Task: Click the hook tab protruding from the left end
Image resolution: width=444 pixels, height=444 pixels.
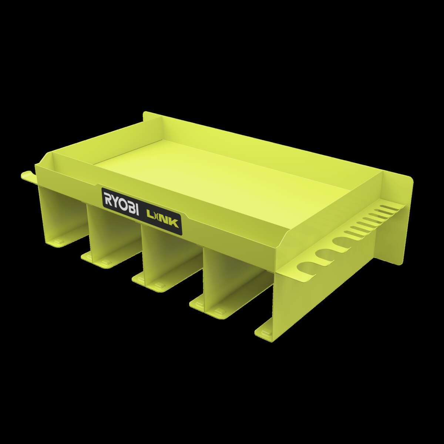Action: coord(27,176)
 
